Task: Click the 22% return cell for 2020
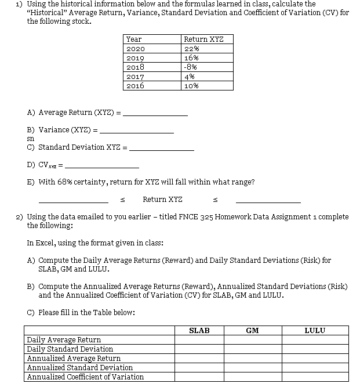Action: [x=191, y=49]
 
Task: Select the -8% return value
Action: [x=191, y=67]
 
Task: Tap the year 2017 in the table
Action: [x=135, y=76]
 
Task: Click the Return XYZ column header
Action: [x=203, y=39]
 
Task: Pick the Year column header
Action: [x=134, y=39]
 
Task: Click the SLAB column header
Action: [x=199, y=331]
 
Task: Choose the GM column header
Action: [x=252, y=331]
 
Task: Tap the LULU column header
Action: [x=315, y=331]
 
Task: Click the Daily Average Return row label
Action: [x=64, y=340]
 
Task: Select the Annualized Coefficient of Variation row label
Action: [x=85, y=377]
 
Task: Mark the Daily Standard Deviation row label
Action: [x=70, y=349]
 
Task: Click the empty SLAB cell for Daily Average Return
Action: [x=199, y=340]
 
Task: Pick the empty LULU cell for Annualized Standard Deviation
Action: [x=315, y=368]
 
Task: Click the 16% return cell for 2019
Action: [x=191, y=58]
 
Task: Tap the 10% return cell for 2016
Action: [x=191, y=85]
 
